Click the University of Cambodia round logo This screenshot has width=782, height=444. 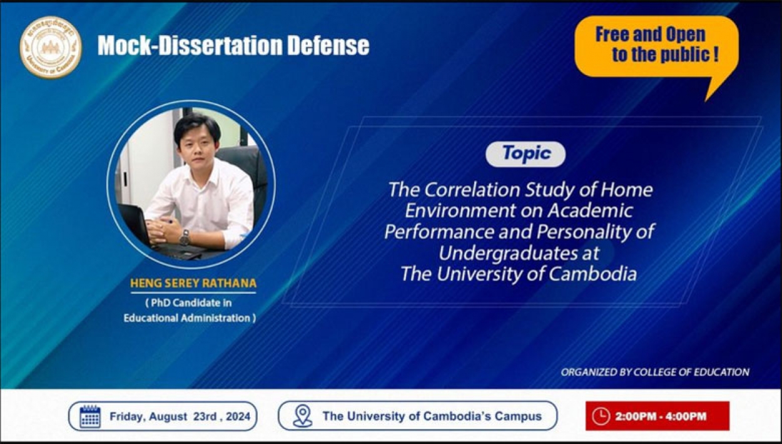51,47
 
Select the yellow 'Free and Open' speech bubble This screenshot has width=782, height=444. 656,47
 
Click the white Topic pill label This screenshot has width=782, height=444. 526,154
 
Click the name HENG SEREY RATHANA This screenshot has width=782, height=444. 193,283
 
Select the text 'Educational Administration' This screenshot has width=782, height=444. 187,318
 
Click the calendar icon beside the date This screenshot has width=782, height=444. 90,416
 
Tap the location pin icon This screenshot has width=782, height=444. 302,416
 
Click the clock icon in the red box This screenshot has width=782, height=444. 601,416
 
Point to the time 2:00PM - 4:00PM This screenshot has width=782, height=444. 661,416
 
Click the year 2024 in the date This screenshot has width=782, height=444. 238,416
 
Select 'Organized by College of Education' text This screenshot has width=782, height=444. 655,372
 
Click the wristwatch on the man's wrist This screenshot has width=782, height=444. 185,237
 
